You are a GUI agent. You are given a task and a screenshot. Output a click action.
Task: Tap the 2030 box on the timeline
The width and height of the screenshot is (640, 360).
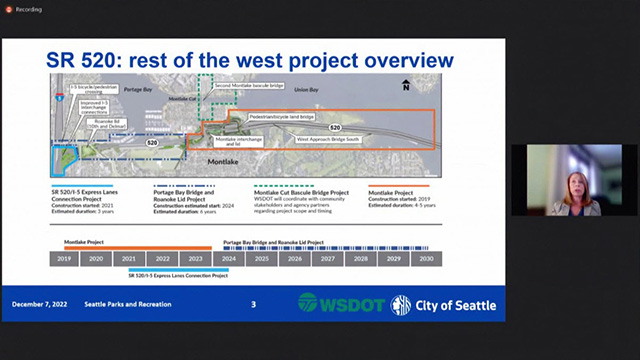(x=426, y=258)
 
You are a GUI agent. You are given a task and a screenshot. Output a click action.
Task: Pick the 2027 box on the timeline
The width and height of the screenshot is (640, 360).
(x=328, y=258)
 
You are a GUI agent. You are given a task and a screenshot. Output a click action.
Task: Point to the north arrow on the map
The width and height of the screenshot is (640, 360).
(x=405, y=86)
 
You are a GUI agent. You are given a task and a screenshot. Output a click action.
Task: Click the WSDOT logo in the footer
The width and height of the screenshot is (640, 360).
(x=340, y=304)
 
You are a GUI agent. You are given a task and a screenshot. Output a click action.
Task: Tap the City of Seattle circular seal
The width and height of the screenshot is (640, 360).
(x=400, y=304)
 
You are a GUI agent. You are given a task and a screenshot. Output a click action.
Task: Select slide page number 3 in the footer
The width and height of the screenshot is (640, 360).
(x=253, y=304)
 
